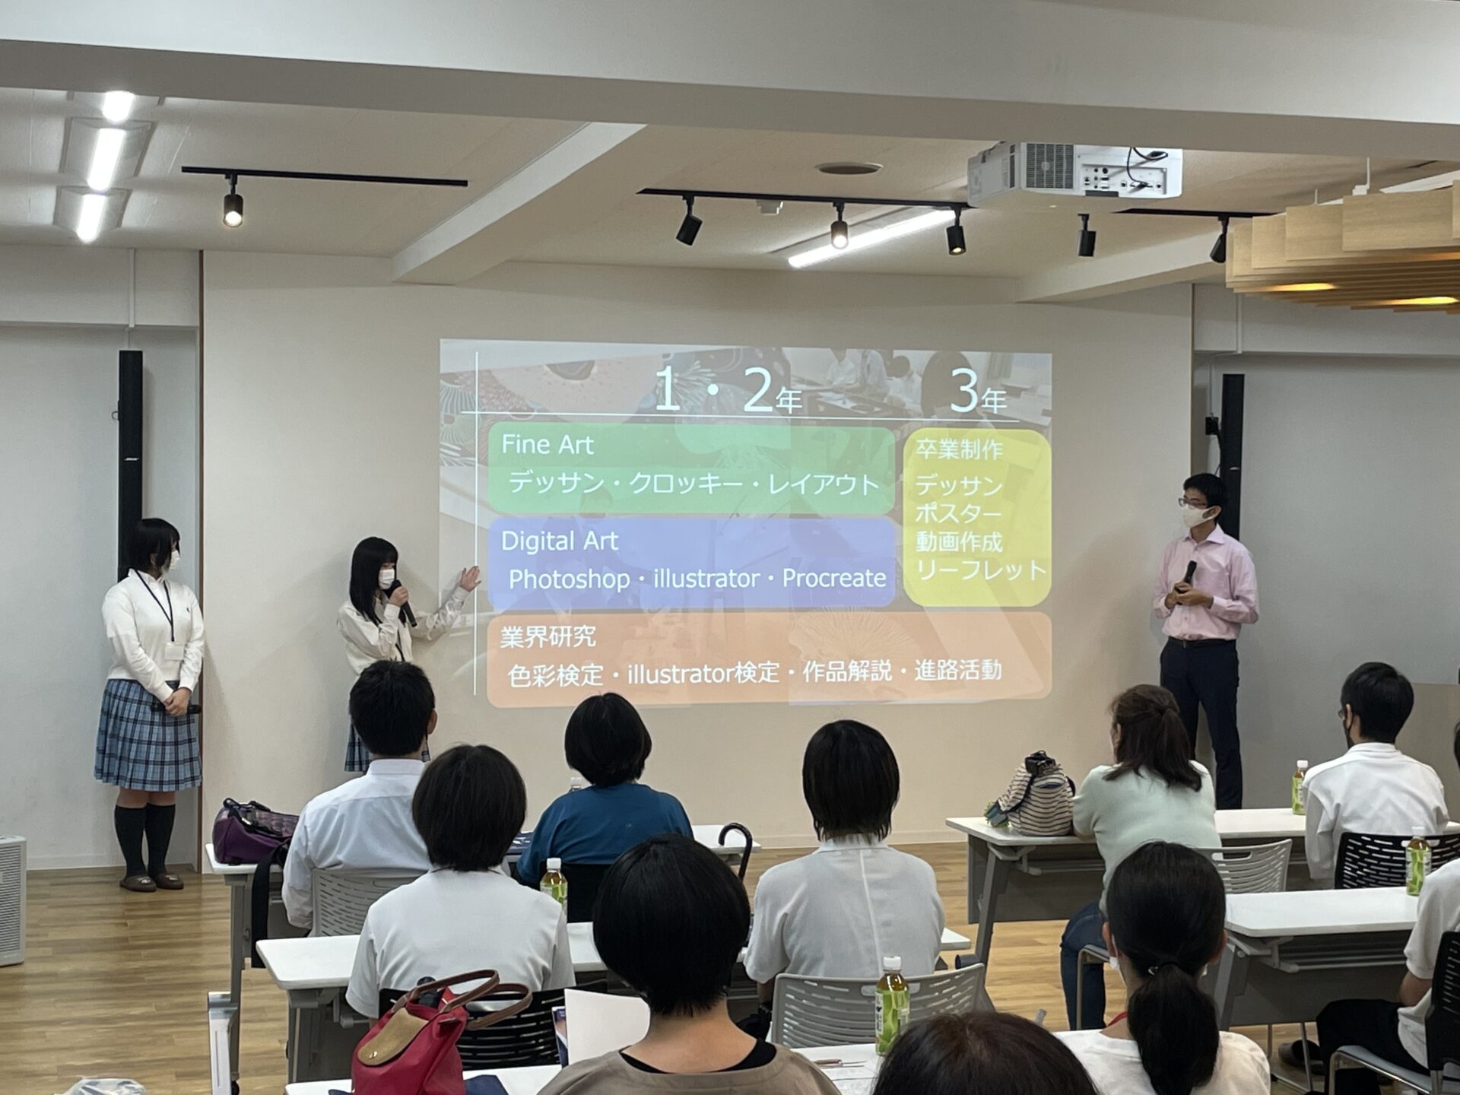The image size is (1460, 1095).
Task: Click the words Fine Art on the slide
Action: click(547, 445)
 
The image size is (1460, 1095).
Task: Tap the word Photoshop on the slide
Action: click(569, 579)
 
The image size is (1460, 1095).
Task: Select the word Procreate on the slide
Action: click(834, 578)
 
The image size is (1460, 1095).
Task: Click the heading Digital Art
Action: click(559, 541)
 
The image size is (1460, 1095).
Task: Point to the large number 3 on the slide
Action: click(963, 392)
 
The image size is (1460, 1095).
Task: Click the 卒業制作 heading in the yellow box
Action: click(959, 449)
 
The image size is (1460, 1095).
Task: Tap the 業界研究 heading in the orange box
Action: click(547, 636)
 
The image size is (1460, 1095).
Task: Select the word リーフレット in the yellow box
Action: click(981, 570)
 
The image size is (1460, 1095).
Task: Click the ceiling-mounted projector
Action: click(1074, 173)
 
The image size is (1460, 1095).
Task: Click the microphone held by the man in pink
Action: click(1188, 574)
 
